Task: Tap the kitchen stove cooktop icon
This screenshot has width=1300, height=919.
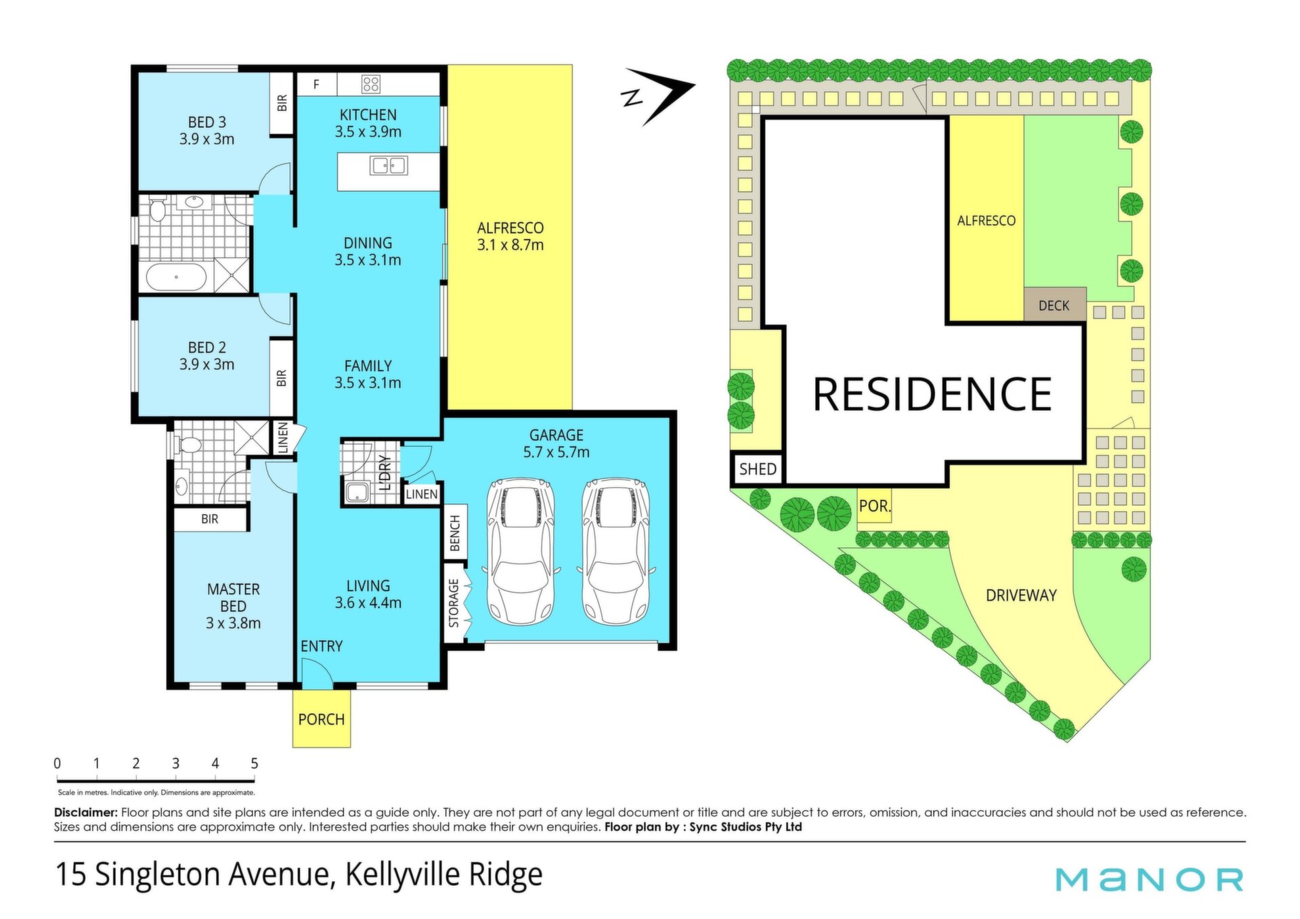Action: [x=370, y=84]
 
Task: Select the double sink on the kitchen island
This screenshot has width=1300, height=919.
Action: [x=389, y=165]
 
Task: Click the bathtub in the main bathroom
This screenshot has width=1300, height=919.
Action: [x=177, y=277]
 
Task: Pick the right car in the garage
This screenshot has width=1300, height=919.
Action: [x=616, y=553]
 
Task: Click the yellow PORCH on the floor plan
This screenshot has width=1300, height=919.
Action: [x=322, y=719]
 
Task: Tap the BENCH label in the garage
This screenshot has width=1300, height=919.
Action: [x=455, y=533]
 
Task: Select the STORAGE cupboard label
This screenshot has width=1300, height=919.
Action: [x=454, y=603]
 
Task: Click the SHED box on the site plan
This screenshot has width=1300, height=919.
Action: [x=758, y=469]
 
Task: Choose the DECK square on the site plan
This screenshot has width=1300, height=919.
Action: [x=1054, y=304]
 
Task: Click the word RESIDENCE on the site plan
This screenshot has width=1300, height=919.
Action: [x=932, y=395]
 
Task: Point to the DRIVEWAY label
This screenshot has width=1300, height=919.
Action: [x=1021, y=595]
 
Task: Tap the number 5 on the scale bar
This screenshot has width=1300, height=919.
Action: [x=255, y=763]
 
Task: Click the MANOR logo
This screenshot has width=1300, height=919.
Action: [x=1150, y=879]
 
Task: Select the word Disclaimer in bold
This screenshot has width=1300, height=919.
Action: [x=86, y=812]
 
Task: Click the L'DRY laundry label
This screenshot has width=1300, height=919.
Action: [x=385, y=472]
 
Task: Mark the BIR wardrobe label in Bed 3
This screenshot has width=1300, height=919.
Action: [x=282, y=103]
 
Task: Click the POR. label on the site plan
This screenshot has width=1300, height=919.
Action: [x=875, y=506]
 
